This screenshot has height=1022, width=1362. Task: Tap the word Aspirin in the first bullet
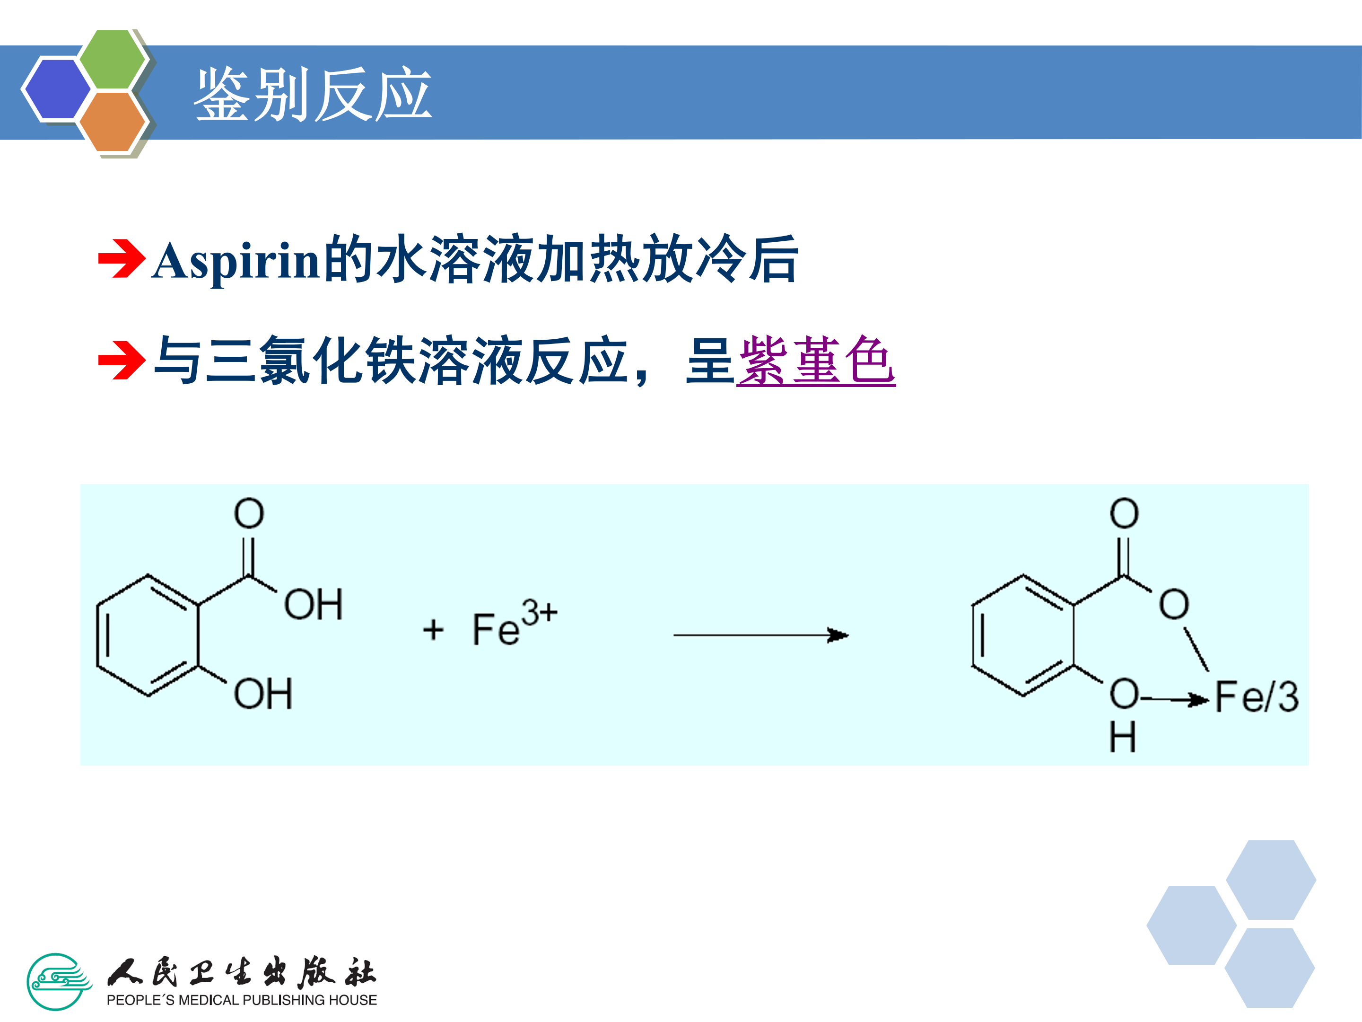click(236, 261)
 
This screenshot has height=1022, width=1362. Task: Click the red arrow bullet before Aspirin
click(121, 259)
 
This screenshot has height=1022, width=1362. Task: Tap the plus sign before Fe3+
click(434, 630)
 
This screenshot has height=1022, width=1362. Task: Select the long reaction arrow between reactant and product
click(760, 634)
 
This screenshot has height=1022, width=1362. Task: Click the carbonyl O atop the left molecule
click(249, 513)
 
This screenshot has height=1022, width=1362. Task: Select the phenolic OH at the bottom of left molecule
click(263, 694)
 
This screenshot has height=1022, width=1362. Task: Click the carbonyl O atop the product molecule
click(1124, 513)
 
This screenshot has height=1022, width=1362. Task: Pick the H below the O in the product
click(1123, 737)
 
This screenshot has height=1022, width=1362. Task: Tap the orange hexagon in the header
click(113, 121)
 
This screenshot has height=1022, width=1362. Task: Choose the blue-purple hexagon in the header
click(57, 88)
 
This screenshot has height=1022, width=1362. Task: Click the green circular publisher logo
click(57, 982)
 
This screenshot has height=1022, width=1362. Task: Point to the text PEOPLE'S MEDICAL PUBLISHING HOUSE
click(241, 1000)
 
